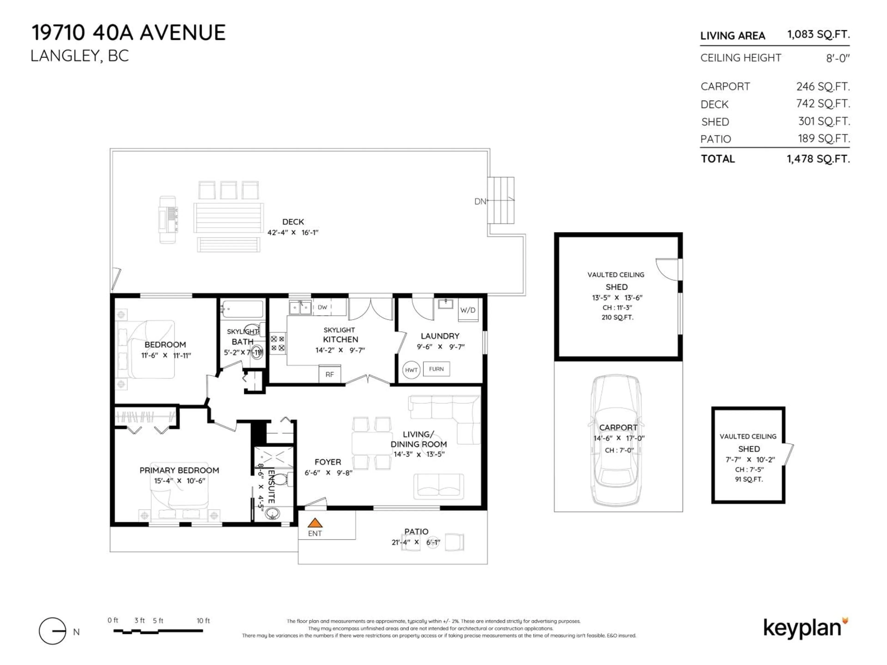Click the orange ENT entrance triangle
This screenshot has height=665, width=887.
(x=315, y=523)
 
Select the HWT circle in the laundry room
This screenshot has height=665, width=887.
(x=411, y=370)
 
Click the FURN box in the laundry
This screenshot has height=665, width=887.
(x=436, y=369)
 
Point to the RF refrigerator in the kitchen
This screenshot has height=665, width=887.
(x=330, y=374)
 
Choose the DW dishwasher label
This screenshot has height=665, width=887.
(x=322, y=308)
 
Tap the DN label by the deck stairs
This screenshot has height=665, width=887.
(x=480, y=201)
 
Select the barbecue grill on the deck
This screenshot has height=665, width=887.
(x=168, y=219)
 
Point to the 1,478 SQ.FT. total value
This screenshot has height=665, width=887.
(x=818, y=159)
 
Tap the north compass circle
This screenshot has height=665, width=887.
(x=52, y=631)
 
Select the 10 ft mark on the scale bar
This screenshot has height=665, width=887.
(x=203, y=620)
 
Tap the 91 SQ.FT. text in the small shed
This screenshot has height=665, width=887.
(x=749, y=479)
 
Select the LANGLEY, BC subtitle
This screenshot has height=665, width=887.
(x=80, y=56)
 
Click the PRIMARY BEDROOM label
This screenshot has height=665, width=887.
(x=179, y=470)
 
